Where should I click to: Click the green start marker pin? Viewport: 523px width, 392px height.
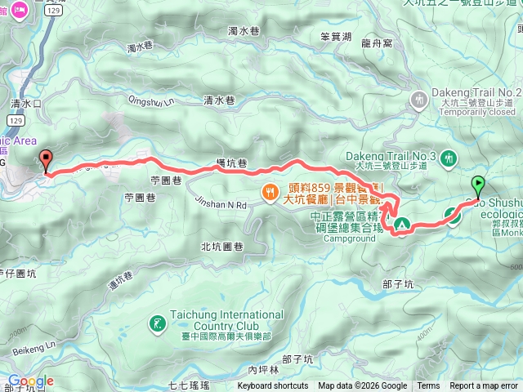478,185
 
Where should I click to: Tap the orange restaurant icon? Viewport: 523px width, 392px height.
268,193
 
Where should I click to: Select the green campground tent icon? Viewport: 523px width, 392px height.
401,223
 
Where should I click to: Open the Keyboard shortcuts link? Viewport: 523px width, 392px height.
273,386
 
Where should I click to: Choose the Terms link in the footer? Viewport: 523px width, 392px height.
428,386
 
